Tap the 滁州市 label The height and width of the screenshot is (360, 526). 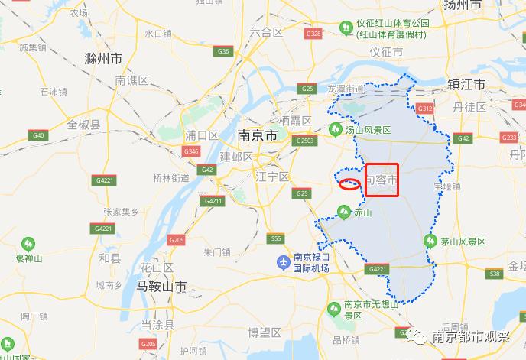pos(105,58)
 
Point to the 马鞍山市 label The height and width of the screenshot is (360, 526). pos(161,287)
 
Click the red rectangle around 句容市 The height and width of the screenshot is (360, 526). pos(382,180)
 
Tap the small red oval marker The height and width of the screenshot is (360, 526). pos(349,183)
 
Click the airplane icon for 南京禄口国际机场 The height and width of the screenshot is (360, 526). pos(283,263)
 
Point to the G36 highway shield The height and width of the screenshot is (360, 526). pos(224,51)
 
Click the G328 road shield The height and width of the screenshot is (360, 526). pos(313,34)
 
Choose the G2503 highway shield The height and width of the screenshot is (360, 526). pos(305,141)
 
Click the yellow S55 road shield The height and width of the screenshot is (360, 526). pos(276,239)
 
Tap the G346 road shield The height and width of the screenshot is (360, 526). pos(192,151)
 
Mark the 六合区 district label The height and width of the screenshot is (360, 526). pos(266,31)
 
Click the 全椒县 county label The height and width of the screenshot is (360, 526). pos(84,124)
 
